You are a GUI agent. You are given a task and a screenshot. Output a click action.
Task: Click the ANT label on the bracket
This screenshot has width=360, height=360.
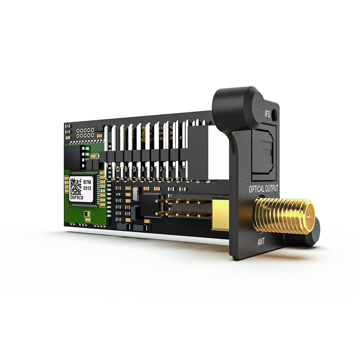click(261, 242)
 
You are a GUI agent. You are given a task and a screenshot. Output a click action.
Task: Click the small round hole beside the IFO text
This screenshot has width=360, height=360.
click(274, 116)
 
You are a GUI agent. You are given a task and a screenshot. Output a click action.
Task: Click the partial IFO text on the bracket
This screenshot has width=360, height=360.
click(267, 113)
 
